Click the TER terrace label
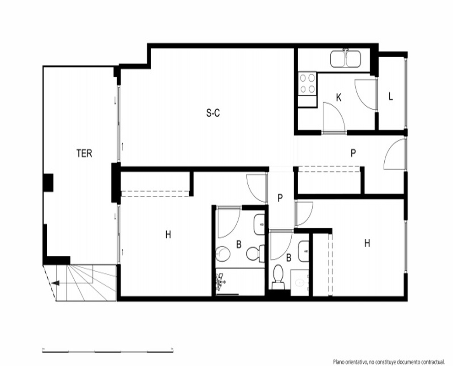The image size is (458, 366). coord(84,153)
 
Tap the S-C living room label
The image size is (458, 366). coord(213,113)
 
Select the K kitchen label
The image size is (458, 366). coord(339,97)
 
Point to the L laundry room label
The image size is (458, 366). coord(391,97)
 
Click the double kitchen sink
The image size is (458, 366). coord(345,59)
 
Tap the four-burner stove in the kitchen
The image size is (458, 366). coord(307,83)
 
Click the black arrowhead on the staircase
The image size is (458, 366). coord(55,283)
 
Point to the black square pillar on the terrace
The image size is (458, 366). coord(48,183)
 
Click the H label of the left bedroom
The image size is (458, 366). coord(168,234)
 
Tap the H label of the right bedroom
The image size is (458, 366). coord(367,243)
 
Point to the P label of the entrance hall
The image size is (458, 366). coord(353,153)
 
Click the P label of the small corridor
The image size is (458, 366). coord(280,198)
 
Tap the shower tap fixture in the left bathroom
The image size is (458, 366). coord(221,281)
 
